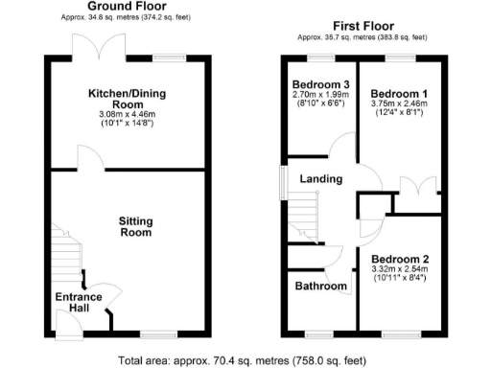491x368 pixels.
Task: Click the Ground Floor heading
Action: point(129,7)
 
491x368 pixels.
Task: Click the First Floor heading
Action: point(360,24)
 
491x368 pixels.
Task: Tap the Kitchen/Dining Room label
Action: point(129,98)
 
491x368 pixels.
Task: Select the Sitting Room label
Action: point(135,226)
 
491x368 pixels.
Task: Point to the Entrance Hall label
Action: point(78,304)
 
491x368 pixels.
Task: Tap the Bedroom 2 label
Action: point(400,260)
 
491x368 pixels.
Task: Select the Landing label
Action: point(320,179)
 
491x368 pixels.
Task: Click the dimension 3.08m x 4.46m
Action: point(129,115)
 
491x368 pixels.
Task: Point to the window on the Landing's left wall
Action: point(284,179)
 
